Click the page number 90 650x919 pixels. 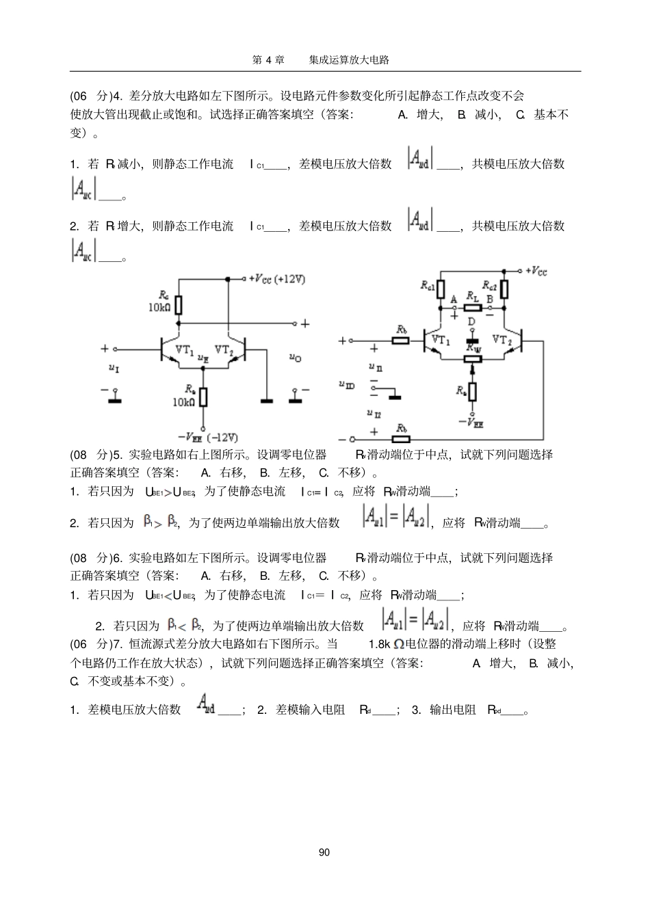tap(324, 852)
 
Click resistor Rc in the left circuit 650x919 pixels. tap(179, 305)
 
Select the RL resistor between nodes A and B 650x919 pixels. tap(471, 308)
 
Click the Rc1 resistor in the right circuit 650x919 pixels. tap(441, 289)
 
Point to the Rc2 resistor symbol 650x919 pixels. tap(504, 289)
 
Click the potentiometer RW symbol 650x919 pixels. tap(472, 356)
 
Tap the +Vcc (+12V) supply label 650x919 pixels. tap(277, 279)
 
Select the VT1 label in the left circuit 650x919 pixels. tap(185, 349)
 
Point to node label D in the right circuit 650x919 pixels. tap(471, 321)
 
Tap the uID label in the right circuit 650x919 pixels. tap(347, 385)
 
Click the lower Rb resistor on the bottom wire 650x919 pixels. tap(401, 438)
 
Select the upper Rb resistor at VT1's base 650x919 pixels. tap(401, 340)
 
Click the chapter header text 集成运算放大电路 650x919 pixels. tap(349, 59)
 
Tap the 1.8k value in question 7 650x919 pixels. tap(378, 644)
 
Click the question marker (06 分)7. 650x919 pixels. tap(96, 644)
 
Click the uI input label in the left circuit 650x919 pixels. tap(114, 369)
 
